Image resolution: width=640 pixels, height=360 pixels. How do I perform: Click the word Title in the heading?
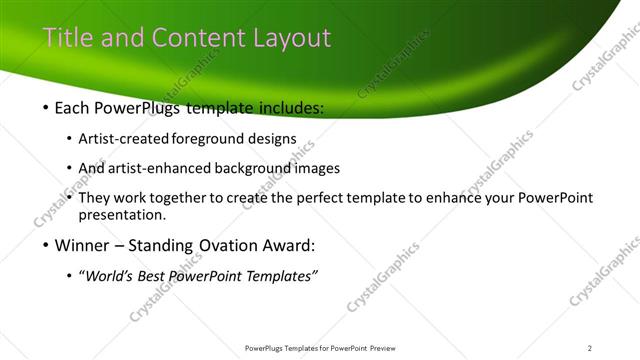coord(65,38)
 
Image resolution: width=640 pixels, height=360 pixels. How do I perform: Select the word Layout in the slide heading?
coord(292,38)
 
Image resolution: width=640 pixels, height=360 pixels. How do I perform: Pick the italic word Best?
coord(160,276)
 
